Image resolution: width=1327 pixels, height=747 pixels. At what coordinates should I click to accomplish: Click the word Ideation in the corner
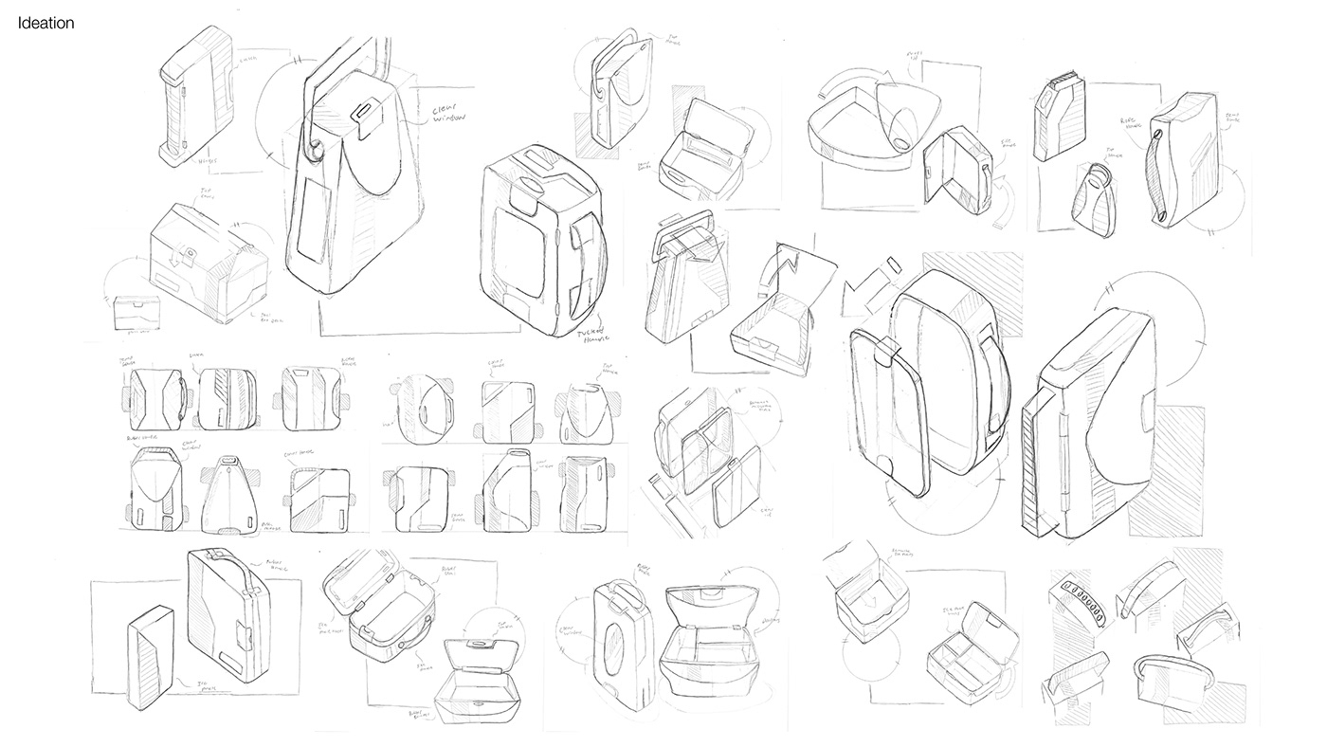tap(45, 24)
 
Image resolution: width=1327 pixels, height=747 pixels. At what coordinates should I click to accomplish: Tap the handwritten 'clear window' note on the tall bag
tap(454, 112)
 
